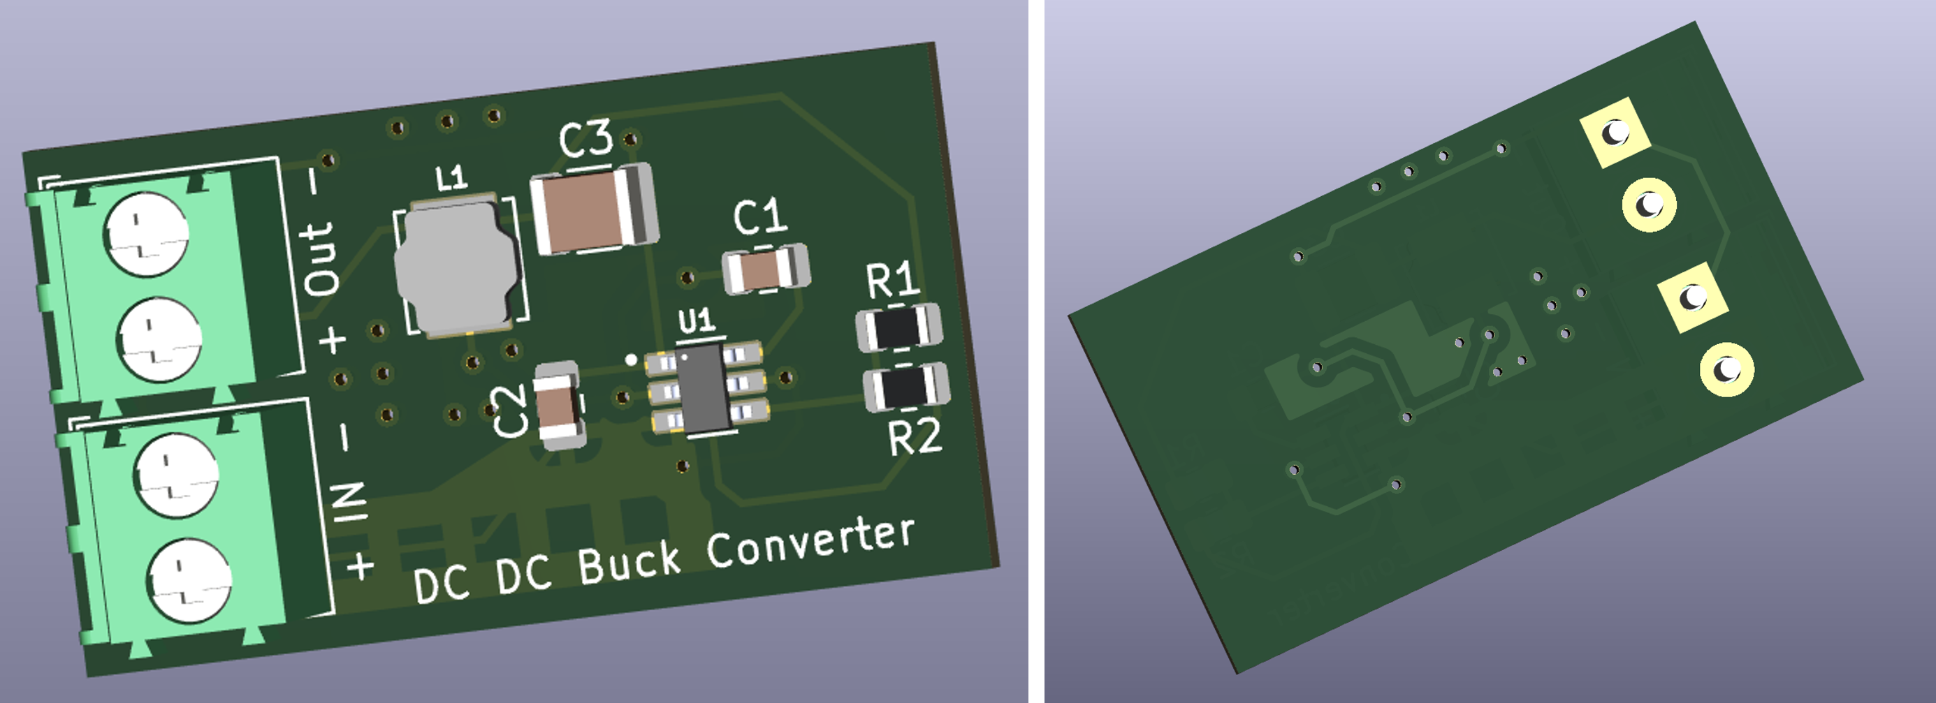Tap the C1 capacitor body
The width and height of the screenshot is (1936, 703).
click(x=765, y=270)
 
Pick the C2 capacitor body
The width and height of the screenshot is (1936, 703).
click(x=558, y=406)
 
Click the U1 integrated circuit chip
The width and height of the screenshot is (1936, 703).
click(x=705, y=387)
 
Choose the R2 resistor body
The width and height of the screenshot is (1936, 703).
click(x=905, y=387)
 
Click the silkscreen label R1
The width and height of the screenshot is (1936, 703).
click(x=892, y=279)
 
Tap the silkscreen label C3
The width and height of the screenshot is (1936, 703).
click(x=585, y=140)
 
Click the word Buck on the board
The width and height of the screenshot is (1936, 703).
click(x=628, y=562)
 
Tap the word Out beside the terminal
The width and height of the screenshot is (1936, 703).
click(x=320, y=258)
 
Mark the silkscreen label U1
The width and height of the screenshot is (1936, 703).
click(x=696, y=320)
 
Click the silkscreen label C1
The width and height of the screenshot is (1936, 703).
click(x=760, y=216)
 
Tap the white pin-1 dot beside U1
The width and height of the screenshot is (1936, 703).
click(x=632, y=360)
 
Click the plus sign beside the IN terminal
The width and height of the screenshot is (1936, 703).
click(x=360, y=566)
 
